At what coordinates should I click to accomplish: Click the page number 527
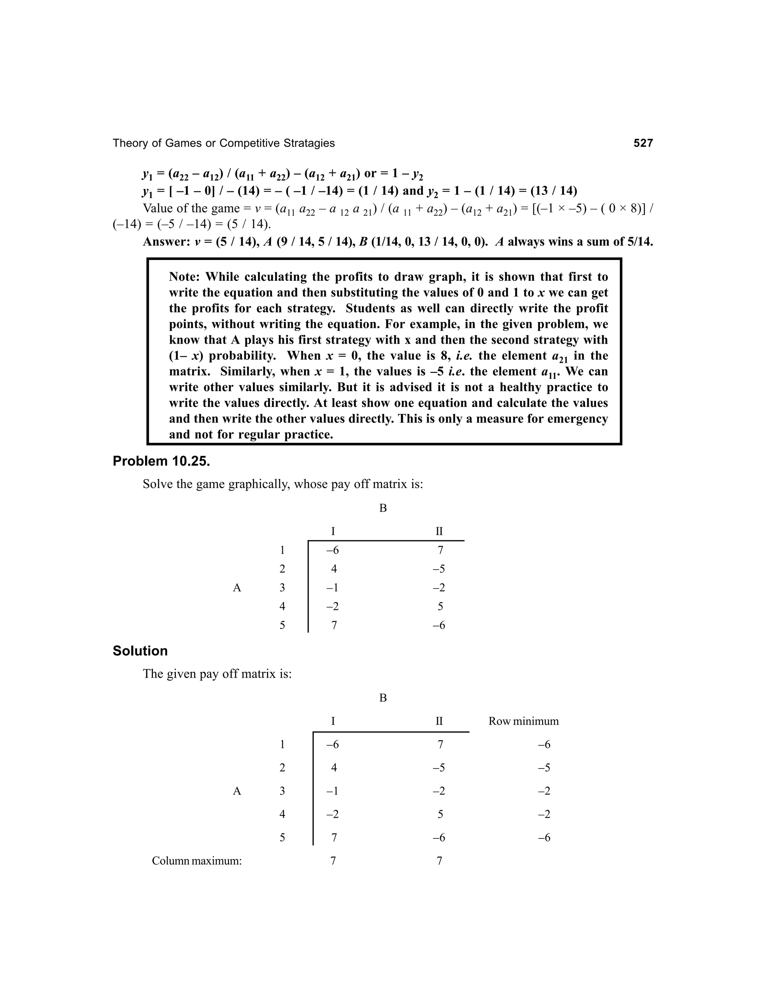pos(643,143)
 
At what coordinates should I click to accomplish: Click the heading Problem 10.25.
pos(161,461)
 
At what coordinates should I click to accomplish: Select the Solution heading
pos(140,651)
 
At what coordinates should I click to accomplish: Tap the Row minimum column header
pos(523,721)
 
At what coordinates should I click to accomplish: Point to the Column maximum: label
pos(196,861)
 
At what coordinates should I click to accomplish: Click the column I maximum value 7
pos(333,861)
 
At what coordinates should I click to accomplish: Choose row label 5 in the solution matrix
pos(282,838)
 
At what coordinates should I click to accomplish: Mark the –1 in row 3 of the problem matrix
pos(332,587)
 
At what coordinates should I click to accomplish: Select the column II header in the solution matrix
pos(439,721)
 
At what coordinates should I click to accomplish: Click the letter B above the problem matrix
pos(383,508)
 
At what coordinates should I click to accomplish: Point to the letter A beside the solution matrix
pos(236,791)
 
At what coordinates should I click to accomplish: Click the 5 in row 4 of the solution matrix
pos(440,814)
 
